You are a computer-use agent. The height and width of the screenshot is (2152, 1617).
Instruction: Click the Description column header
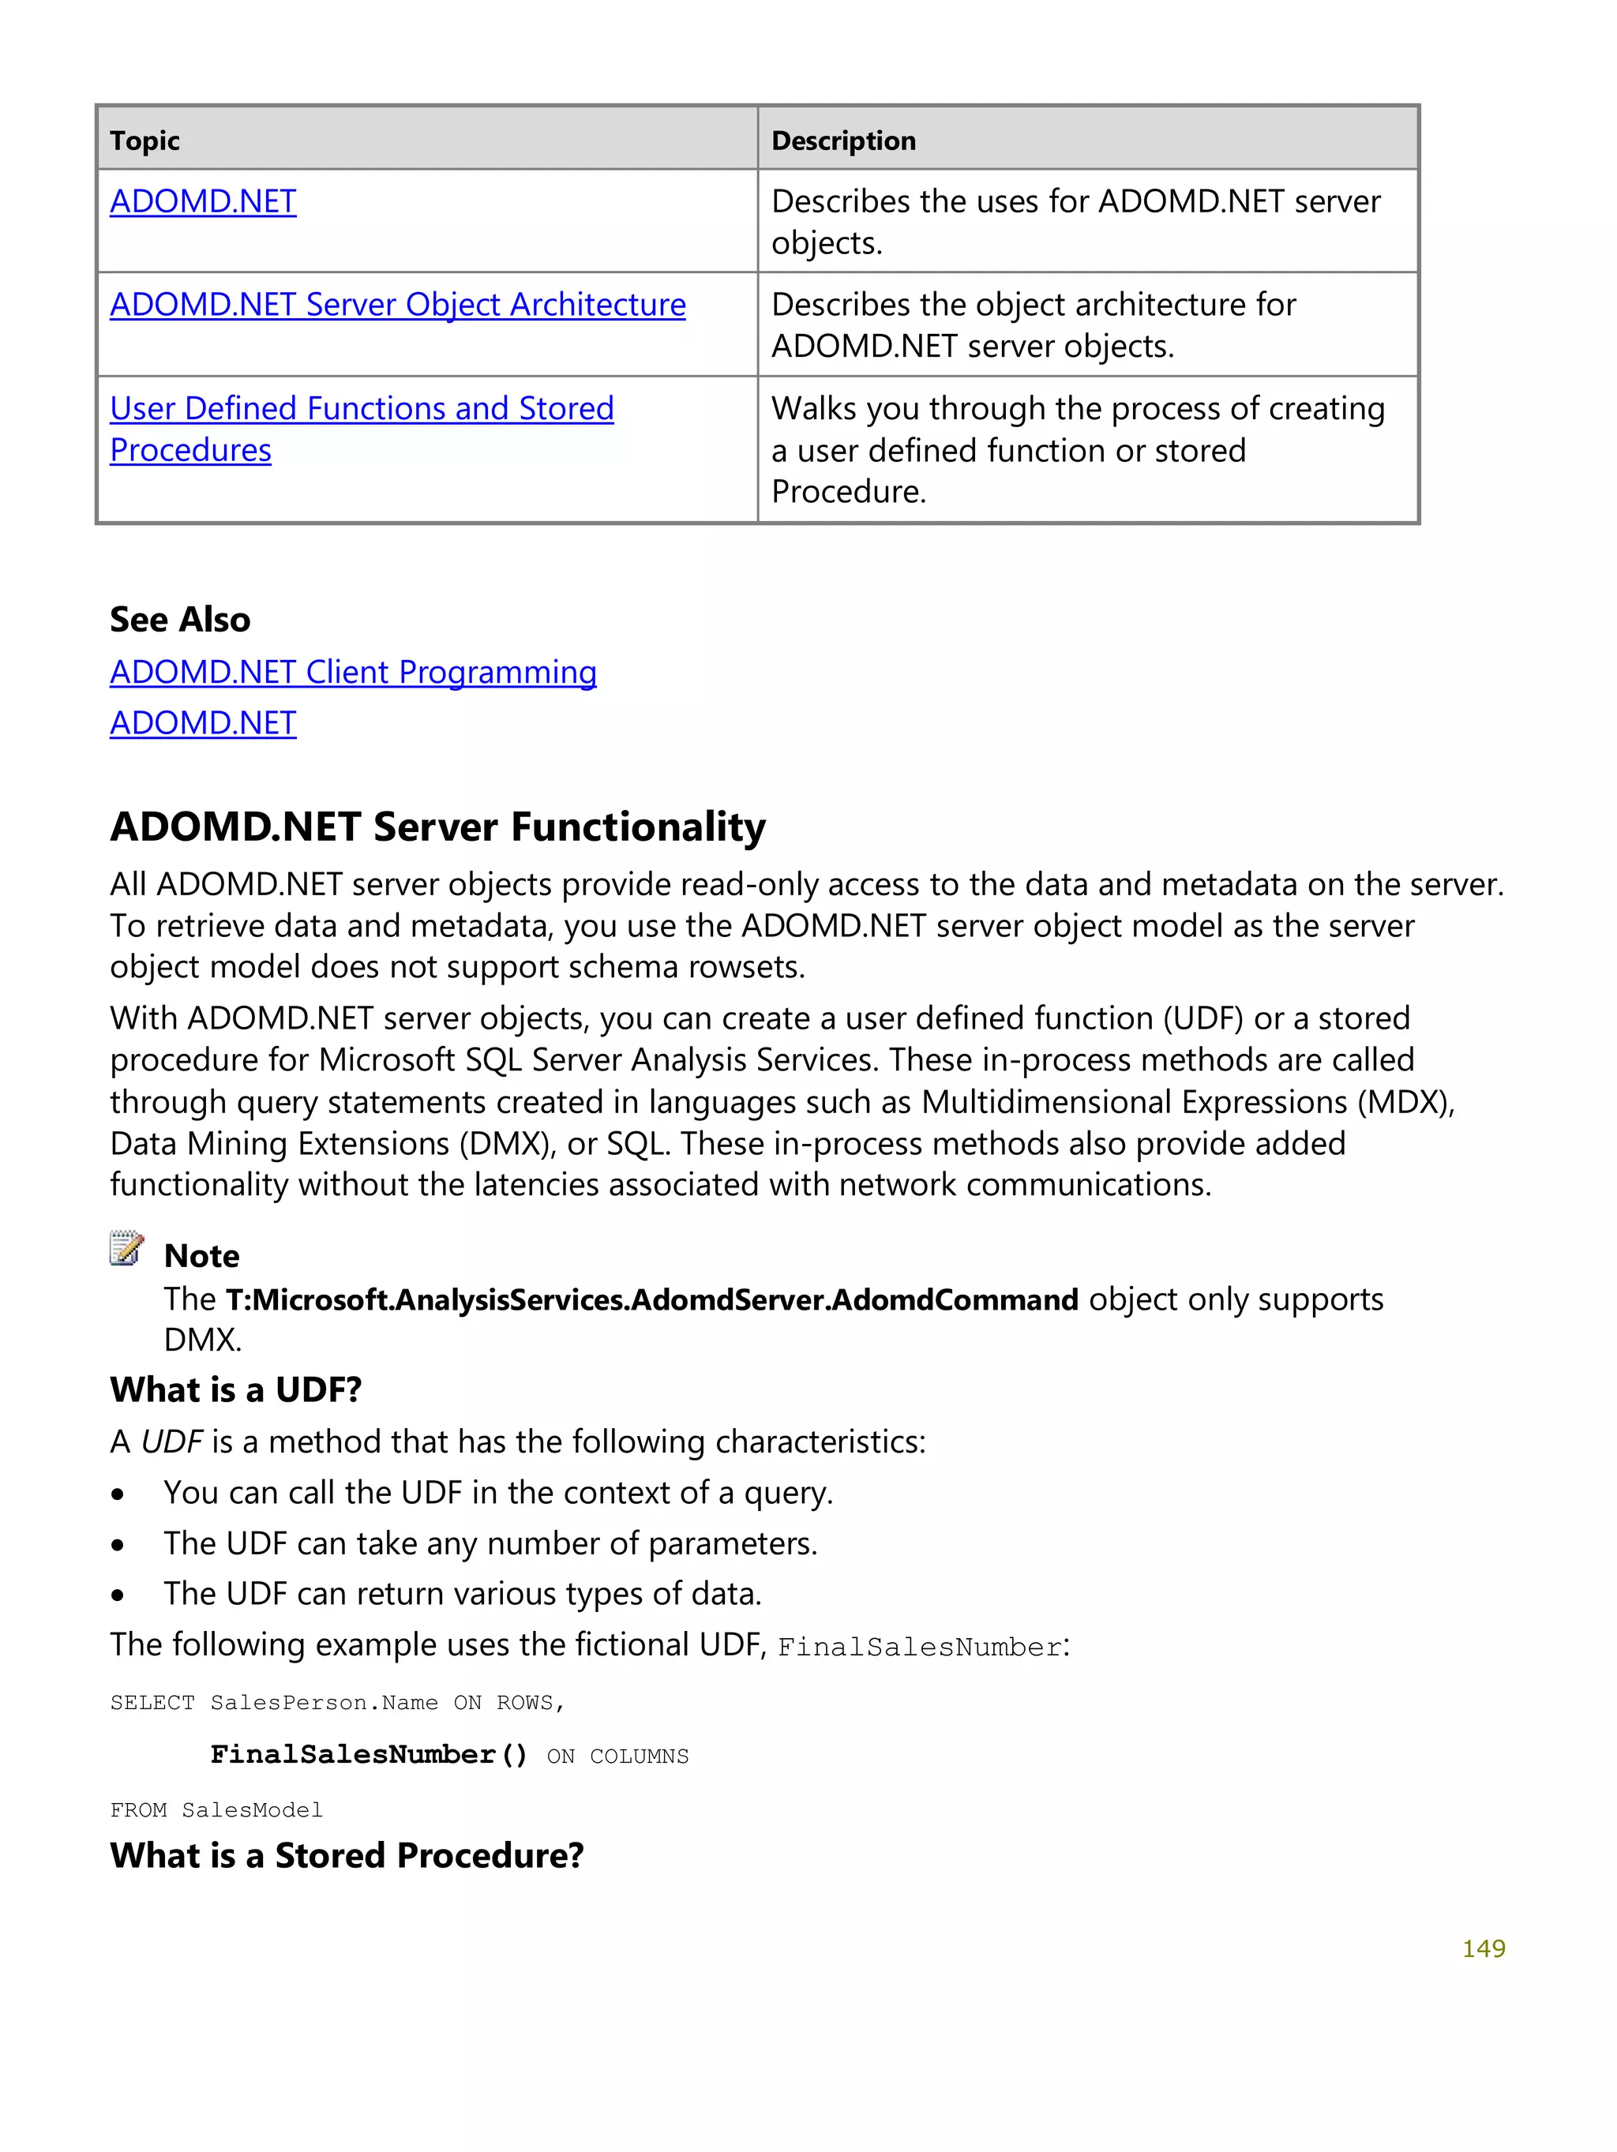[x=842, y=141]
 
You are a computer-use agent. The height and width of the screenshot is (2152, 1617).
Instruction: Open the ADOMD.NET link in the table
[x=202, y=201]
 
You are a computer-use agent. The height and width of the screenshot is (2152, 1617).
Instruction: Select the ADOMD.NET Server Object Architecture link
[x=397, y=305]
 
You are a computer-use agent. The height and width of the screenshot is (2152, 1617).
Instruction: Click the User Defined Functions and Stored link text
[x=361, y=409]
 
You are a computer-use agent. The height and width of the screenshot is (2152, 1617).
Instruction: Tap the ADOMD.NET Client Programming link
[x=352, y=673]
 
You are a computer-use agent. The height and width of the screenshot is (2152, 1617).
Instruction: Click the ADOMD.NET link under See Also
[x=202, y=723]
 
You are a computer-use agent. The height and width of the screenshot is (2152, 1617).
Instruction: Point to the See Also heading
[x=180, y=620]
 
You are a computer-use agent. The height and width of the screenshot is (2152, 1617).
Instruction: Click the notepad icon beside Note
[x=126, y=1248]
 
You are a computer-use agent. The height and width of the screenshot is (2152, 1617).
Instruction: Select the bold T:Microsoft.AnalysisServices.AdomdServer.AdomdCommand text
[x=651, y=1299]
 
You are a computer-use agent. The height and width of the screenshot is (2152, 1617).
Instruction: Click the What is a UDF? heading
[x=235, y=1389]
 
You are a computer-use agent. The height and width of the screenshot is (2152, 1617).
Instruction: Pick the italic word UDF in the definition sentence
[x=171, y=1442]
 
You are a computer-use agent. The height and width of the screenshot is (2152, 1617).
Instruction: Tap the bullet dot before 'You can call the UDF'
[x=118, y=1494]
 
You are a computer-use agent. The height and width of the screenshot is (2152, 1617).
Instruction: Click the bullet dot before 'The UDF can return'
[x=118, y=1595]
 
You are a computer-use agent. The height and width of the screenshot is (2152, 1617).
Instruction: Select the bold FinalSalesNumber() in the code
[x=369, y=1754]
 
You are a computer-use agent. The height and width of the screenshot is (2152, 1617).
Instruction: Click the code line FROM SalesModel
[x=216, y=1809]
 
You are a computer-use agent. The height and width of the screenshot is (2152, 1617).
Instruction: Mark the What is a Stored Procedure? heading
[x=347, y=1855]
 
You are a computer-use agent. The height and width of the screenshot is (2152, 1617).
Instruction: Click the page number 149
[x=1483, y=1948]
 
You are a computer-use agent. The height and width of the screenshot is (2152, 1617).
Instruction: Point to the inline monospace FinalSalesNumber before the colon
[x=918, y=1647]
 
